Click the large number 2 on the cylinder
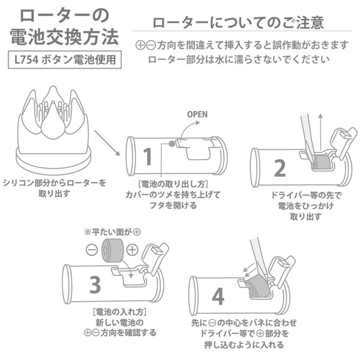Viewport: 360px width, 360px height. pos(279,168)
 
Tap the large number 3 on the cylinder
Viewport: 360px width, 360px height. pos(95,284)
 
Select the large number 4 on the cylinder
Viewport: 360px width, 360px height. pos(218,296)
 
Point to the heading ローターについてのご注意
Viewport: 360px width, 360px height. pos(238,23)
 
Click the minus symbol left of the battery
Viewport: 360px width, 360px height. pos(91,250)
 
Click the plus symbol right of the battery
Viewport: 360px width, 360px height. pos(133,250)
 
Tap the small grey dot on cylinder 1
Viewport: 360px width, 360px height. pos(172,143)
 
